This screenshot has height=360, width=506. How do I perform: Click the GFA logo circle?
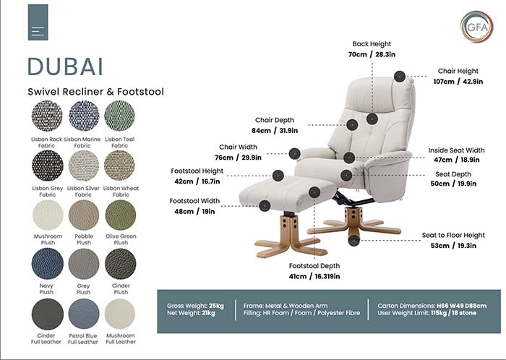tap(476, 27)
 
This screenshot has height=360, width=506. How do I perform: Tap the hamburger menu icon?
tap(38, 32)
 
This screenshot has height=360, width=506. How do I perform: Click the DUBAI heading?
tap(65, 66)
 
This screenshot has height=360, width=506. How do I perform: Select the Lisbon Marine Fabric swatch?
tap(84, 115)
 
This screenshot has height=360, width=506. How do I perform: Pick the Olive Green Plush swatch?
tap(120, 215)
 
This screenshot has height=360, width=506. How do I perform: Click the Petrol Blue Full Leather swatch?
tap(84, 314)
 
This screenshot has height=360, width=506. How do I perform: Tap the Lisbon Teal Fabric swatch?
tap(120, 115)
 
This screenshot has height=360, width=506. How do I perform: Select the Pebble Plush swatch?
tap(84, 215)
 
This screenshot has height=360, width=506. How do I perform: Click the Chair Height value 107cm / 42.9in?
tap(458, 82)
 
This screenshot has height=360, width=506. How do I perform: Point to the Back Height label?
tap(371, 44)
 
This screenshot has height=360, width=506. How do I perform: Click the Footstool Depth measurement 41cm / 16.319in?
tap(314, 276)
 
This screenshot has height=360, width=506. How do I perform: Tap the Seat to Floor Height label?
tap(453, 236)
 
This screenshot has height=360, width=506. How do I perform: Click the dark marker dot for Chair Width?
tap(295, 153)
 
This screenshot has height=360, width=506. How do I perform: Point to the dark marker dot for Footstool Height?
tap(278, 176)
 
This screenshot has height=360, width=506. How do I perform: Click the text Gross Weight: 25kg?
tap(196, 306)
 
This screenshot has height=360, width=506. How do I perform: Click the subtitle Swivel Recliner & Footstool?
tap(96, 92)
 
